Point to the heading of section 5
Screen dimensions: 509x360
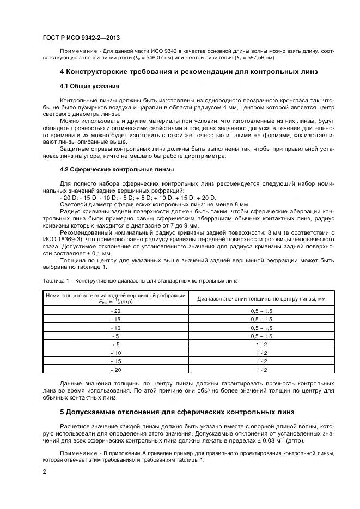coord(177,412)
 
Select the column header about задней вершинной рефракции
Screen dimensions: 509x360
coord(115,298)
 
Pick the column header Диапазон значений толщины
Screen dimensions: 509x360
coord(261,298)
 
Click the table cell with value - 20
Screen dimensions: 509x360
coord(115,310)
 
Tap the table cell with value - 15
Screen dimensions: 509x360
coord(115,319)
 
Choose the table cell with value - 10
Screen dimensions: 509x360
coord(115,328)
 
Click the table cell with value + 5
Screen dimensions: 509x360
coord(115,345)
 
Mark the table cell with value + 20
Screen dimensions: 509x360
coord(115,370)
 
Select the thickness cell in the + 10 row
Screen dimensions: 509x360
coord(261,353)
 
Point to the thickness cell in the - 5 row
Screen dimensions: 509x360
coord(261,336)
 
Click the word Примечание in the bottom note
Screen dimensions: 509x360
coord(77,453)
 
